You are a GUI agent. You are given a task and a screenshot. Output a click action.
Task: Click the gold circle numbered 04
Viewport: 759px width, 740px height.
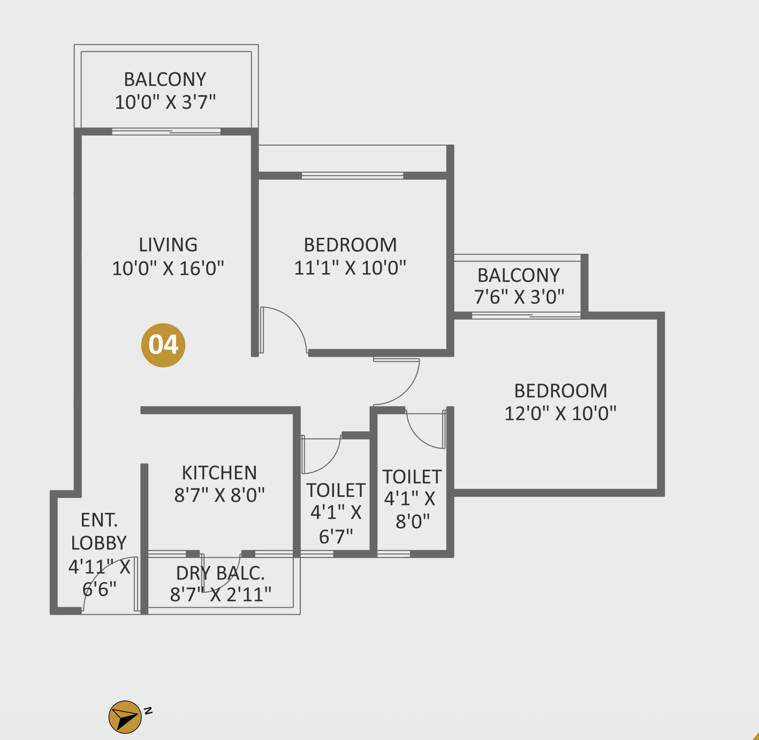[x=163, y=345]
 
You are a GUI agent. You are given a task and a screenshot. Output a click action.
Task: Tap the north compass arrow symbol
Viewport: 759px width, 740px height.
[x=125, y=717]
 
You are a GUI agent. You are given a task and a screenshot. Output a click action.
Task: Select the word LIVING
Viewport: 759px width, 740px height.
[x=168, y=245]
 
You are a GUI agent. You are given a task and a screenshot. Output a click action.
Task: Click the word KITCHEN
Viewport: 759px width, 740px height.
[x=219, y=473]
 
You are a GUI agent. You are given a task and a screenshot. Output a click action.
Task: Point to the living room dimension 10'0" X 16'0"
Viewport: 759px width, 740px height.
[x=168, y=268]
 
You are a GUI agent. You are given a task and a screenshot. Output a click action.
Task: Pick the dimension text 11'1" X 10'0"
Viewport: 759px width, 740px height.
[x=350, y=268]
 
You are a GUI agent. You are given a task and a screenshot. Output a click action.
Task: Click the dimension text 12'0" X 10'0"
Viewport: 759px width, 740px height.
[x=560, y=413]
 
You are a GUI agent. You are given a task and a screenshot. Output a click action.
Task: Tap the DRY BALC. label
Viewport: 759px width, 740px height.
[x=221, y=573]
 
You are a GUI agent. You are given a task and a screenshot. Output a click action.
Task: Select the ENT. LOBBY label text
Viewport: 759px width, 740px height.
[x=98, y=531]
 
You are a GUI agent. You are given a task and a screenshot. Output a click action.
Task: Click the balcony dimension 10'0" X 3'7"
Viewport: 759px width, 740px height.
[x=165, y=102]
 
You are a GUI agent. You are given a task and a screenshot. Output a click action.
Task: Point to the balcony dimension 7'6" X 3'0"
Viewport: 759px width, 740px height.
[x=519, y=297]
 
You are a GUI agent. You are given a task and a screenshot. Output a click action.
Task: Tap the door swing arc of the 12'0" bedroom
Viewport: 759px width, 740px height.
[x=407, y=393]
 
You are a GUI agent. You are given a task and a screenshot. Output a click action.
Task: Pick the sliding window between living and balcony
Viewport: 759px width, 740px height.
[x=166, y=132]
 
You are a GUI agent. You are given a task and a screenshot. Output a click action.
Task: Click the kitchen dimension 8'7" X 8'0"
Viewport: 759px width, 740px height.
[x=219, y=495]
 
